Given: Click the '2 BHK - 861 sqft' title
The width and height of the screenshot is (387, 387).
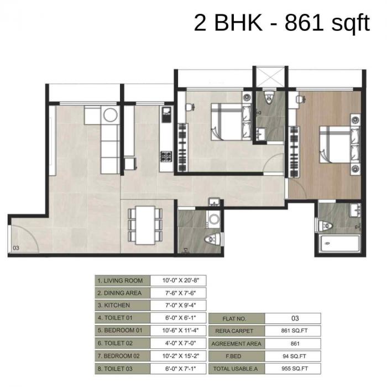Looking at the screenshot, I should click(x=281, y=23).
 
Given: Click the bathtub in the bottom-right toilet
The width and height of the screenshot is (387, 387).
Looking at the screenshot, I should click(x=338, y=243).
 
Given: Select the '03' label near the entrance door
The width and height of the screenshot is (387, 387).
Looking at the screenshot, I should click(x=15, y=248).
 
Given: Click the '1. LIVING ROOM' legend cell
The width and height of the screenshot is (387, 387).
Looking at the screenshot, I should click(x=122, y=281).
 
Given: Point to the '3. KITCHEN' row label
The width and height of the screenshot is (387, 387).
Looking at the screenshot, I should click(x=122, y=305).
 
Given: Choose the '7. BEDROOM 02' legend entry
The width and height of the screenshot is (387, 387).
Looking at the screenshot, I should click(x=122, y=355).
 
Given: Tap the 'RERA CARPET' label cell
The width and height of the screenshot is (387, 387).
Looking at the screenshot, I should click(x=236, y=331).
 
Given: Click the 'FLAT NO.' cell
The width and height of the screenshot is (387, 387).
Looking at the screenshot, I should click(x=236, y=318).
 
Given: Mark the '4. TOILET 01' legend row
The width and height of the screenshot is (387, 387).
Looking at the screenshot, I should click(x=122, y=318).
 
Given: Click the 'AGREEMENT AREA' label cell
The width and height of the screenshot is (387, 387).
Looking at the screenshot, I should click(x=236, y=343).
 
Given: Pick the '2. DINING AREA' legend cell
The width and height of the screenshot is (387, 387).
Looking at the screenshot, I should click(x=122, y=293).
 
